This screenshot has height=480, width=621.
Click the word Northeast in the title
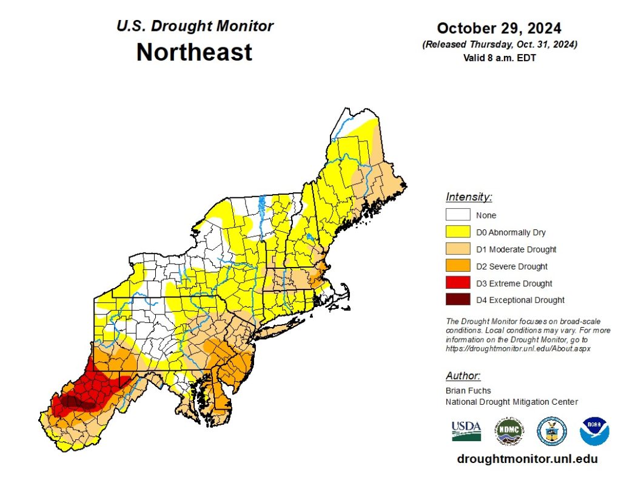pyautogui.click(x=194, y=52)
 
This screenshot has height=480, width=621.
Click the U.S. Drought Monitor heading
pyautogui.click(x=195, y=26)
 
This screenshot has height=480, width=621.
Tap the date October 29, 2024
pyautogui.click(x=498, y=29)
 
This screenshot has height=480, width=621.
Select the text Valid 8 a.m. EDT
pyautogui.click(x=498, y=58)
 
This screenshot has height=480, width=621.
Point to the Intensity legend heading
pyautogui.click(x=469, y=197)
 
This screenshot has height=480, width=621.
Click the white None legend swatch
pyautogui.click(x=458, y=215)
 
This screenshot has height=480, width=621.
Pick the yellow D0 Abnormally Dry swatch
pyautogui.click(x=458, y=232)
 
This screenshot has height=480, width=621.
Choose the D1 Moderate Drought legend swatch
pyautogui.click(x=458, y=249)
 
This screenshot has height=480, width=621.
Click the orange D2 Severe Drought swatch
pyautogui.click(x=458, y=266)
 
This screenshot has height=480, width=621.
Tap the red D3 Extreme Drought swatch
pyautogui.click(x=458, y=283)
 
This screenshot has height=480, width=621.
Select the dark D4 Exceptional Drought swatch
pyautogui.click(x=458, y=300)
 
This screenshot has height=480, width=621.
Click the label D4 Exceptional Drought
pyautogui.click(x=520, y=300)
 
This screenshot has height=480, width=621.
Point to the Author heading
pyautogui.click(x=463, y=376)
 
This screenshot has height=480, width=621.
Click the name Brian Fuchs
pyautogui.click(x=468, y=391)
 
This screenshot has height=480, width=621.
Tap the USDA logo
pyautogui.click(x=466, y=430)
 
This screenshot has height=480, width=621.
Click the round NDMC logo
pyautogui.click(x=508, y=431)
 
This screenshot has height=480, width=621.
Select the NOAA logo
pyautogui.click(x=594, y=431)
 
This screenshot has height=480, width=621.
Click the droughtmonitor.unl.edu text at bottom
pyautogui.click(x=526, y=459)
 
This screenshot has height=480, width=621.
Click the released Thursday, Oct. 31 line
pyautogui.click(x=498, y=45)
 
